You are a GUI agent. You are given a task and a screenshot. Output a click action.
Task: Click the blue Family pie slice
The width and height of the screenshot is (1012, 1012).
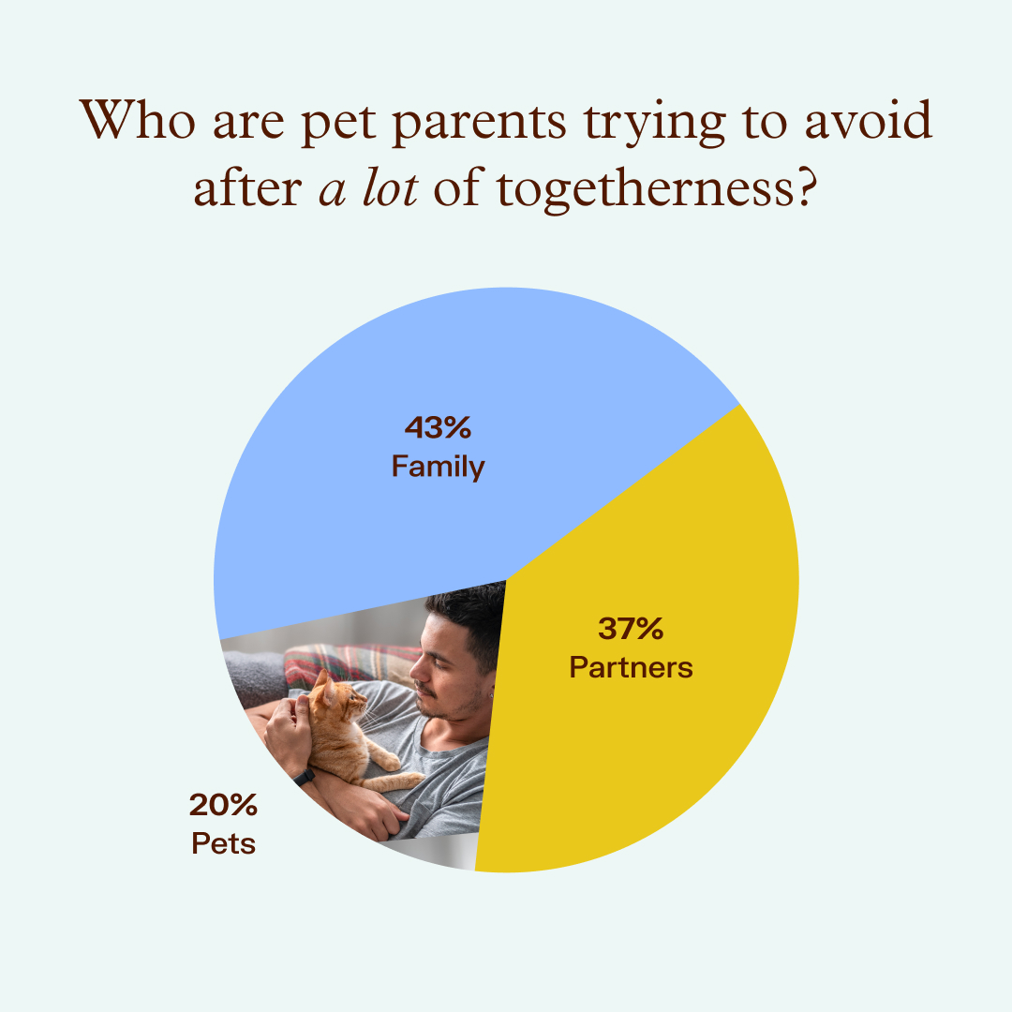tap(375, 375)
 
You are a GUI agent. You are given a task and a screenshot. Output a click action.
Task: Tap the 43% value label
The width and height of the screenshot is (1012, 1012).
tap(437, 428)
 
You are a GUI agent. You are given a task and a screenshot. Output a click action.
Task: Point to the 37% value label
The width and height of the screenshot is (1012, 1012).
tap(631, 629)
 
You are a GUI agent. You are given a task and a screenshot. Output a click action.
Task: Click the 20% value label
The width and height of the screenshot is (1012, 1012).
tap(223, 805)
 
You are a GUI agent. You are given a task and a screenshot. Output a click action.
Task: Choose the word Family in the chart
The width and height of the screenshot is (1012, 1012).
tap(438, 466)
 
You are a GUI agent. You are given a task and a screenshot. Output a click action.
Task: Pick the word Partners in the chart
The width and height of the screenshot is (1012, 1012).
tap(631, 667)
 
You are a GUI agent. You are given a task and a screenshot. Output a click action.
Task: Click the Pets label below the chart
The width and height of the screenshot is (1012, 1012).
tap(223, 843)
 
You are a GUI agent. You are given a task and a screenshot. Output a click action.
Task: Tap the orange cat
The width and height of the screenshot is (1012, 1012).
tap(342, 731)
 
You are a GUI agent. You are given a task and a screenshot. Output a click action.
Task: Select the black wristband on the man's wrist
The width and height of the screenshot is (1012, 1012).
tap(304, 777)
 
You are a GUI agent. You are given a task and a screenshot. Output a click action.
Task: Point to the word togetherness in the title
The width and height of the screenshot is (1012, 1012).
tap(652, 189)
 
